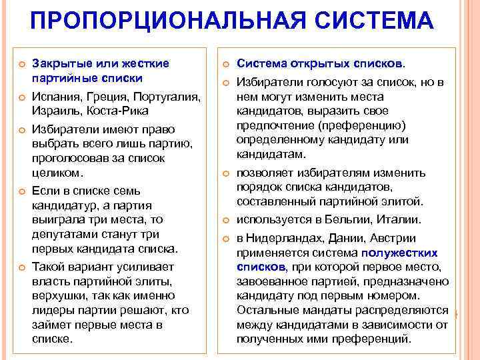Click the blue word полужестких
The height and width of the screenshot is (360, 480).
[399, 253]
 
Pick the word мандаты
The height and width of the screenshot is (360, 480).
[318, 309]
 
